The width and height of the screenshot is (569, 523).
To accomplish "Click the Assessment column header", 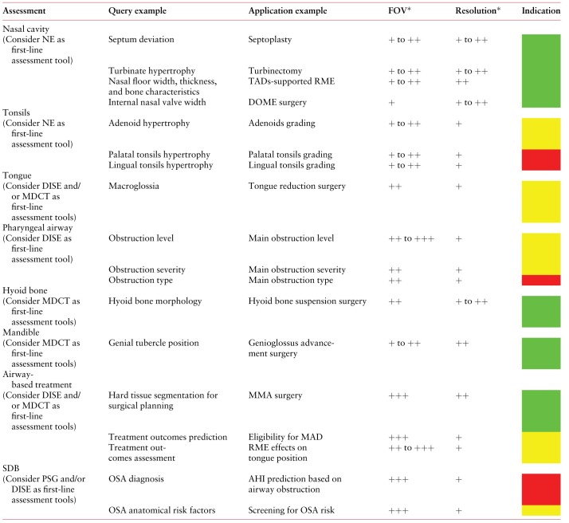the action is [x=24, y=11].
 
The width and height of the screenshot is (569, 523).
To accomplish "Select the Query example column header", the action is [x=137, y=11].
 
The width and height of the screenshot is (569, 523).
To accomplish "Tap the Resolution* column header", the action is [x=477, y=10].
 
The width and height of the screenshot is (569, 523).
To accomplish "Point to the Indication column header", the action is [x=540, y=10].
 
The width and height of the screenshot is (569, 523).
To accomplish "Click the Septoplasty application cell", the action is [x=269, y=40].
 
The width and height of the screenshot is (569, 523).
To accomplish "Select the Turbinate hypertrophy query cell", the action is [x=151, y=71].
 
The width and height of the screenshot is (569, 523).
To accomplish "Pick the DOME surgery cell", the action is [x=277, y=102].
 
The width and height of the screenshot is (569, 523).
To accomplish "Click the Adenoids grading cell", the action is [x=281, y=124].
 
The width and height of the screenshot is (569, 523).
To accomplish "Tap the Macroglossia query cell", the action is [x=134, y=187].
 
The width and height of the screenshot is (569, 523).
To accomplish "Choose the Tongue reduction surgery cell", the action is [x=296, y=187].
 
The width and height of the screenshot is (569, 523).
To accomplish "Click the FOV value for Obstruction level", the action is [x=411, y=238].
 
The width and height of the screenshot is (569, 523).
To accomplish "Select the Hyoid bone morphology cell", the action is [x=155, y=301].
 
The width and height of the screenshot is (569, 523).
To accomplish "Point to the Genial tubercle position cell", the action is [x=154, y=343].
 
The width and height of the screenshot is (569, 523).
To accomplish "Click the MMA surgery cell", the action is [x=275, y=395].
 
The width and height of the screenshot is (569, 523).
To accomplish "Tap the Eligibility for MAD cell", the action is [x=285, y=437].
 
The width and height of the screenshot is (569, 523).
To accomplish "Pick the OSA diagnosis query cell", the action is [x=136, y=479].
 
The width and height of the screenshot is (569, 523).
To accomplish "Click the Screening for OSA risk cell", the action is [x=291, y=510].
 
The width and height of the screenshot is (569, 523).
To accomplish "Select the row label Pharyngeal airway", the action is [x=37, y=228].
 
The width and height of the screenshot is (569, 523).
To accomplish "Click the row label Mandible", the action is [x=21, y=332].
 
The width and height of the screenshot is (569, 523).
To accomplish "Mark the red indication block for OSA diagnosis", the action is [x=541, y=490].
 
